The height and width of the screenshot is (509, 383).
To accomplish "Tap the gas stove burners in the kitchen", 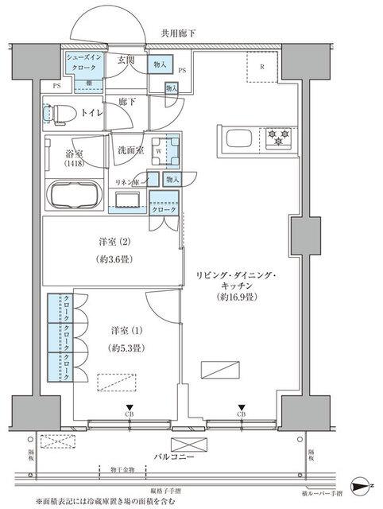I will click(277, 137).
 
